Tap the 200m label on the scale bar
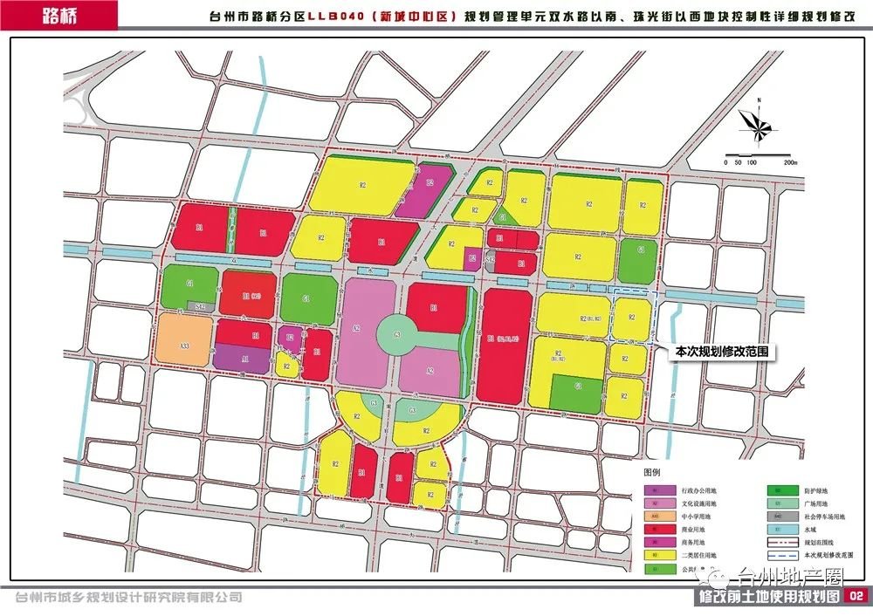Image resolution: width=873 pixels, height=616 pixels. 790,163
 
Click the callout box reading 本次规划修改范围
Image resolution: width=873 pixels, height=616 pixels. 720,351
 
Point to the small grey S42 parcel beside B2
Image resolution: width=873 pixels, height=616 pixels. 491,257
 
